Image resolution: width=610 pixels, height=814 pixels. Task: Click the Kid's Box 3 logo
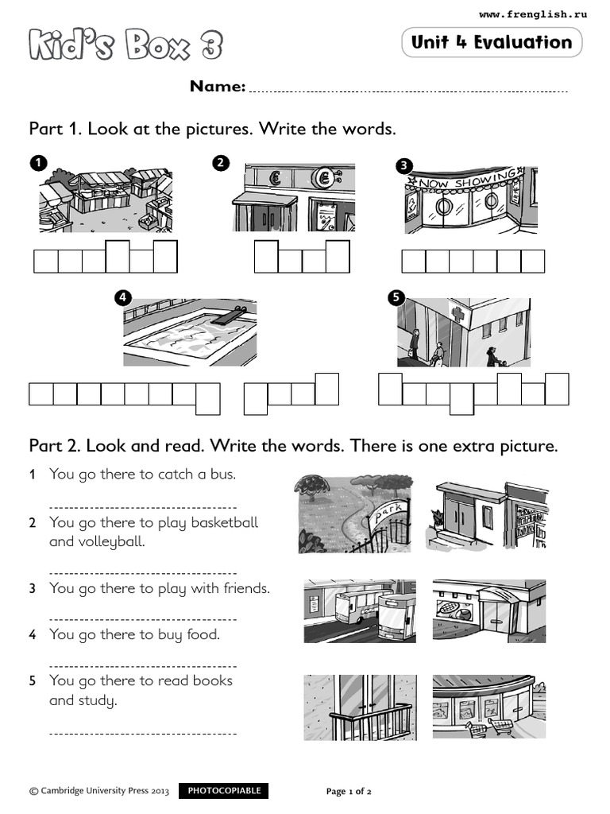[125, 45]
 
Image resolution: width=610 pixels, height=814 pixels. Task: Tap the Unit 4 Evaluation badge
[492, 42]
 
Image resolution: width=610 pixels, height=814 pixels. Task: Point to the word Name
[217, 87]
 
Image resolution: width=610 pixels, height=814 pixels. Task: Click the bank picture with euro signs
[294, 197]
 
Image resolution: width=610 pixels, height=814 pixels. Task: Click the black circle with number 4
[122, 298]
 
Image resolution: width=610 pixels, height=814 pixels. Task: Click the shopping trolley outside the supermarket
[481, 726]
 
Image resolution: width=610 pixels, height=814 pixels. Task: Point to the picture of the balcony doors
[359, 707]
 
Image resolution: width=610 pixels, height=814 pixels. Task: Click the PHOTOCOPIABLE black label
[223, 791]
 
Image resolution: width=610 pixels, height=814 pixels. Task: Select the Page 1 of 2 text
[349, 792]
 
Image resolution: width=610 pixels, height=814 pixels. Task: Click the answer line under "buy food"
[143, 665]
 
